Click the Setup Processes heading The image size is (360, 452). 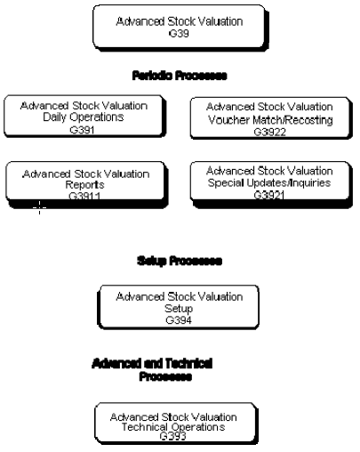click(179, 262)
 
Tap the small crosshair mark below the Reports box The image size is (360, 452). click(37, 208)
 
